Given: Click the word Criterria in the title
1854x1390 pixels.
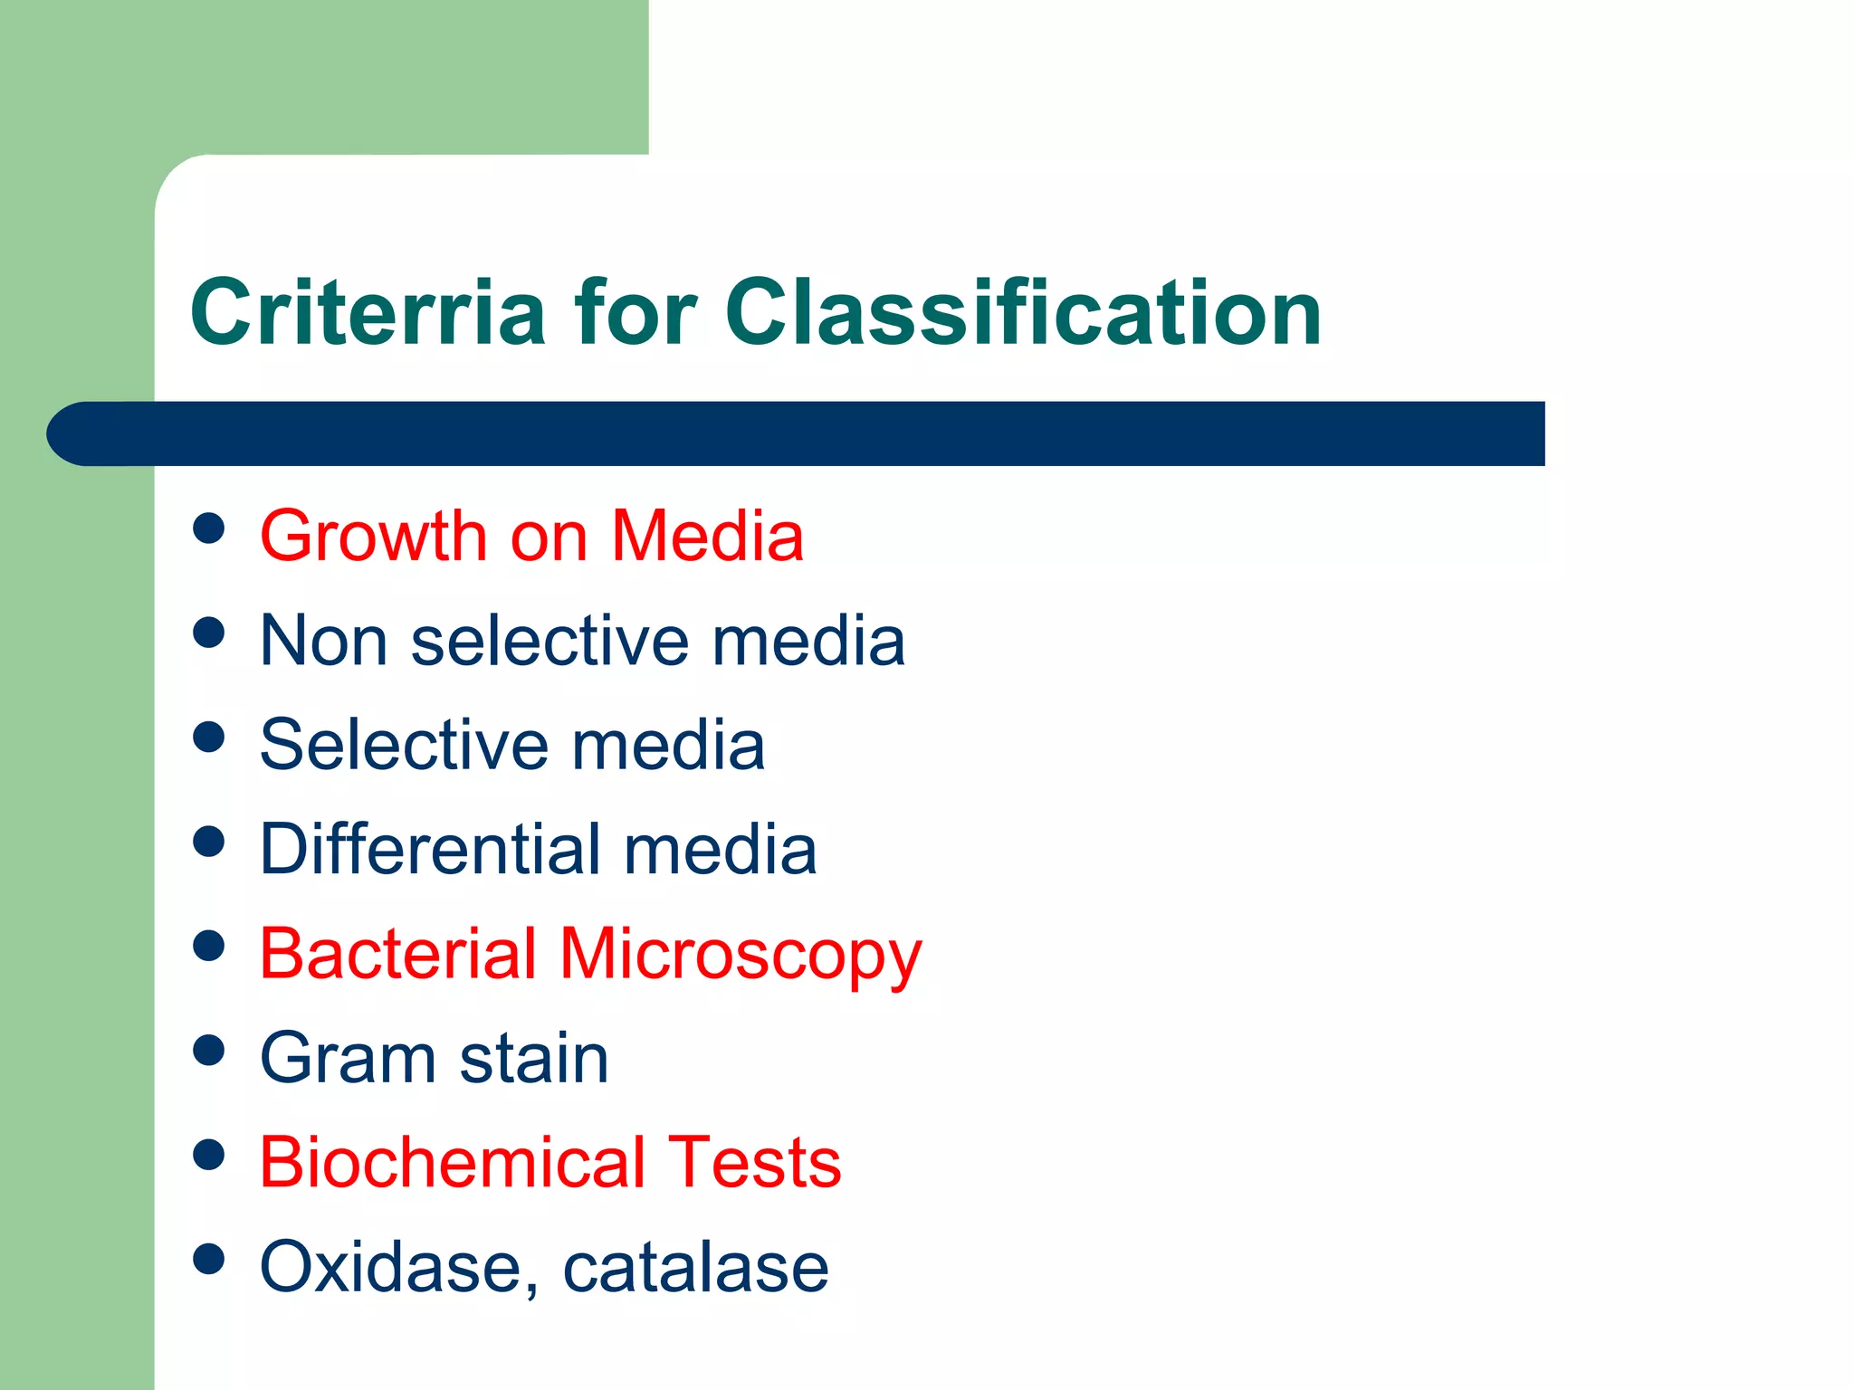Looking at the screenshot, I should pyautogui.click(x=368, y=312).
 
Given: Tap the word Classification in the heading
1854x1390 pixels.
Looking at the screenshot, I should pyautogui.click(x=1023, y=312).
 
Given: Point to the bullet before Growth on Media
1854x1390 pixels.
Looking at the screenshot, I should pyautogui.click(x=209, y=528).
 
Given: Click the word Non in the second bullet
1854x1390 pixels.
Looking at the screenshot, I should pyautogui.click(x=323, y=641).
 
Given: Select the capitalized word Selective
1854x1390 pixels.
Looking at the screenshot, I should pyautogui.click(x=403, y=745).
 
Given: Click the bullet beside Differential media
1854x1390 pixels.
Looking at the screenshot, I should pyautogui.click(x=209, y=842).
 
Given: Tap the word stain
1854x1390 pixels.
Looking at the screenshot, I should pyautogui.click(x=534, y=1058).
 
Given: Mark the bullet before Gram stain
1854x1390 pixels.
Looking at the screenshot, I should pyautogui.click(x=209, y=1051).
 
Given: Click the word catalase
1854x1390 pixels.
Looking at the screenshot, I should pyautogui.click(x=695, y=1267).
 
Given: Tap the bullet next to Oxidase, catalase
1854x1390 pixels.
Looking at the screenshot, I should pyautogui.click(x=209, y=1259).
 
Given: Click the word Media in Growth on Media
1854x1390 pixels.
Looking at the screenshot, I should pyautogui.click(x=707, y=537).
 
